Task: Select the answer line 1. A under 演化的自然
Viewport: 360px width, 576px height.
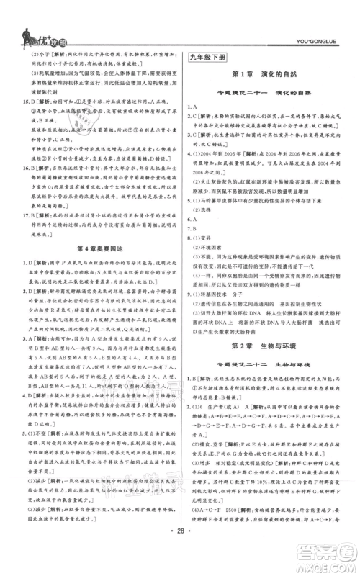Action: tap(193, 107)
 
